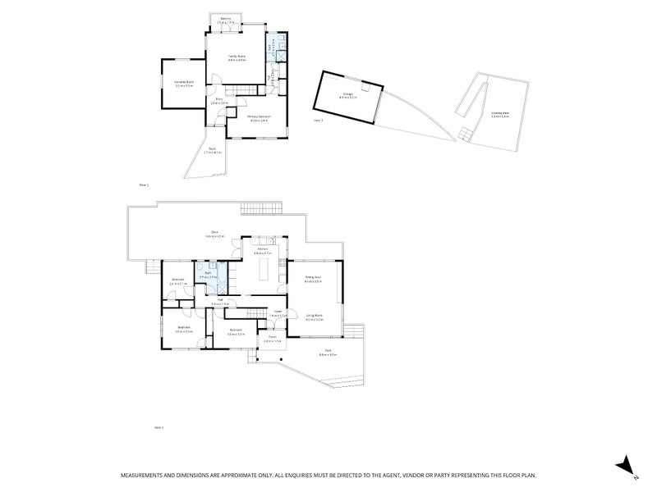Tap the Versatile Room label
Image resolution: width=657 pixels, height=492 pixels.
click(x=183, y=83)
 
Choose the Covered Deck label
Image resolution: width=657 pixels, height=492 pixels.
click(x=499, y=115)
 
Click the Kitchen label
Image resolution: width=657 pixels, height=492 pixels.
click(x=263, y=249)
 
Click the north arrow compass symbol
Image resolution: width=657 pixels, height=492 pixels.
click(x=625, y=464)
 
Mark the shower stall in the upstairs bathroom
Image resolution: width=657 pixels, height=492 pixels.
click(x=281, y=57)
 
